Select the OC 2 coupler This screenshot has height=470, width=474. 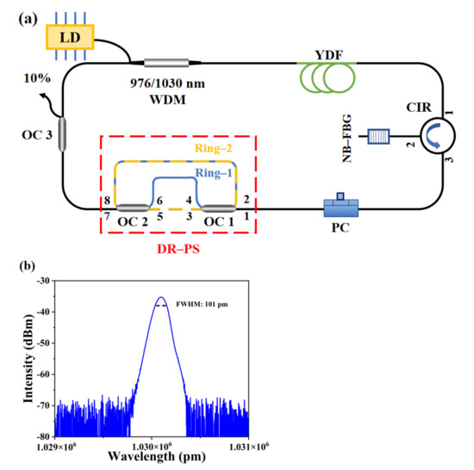click(131, 207)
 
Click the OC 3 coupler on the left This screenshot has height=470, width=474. click(62, 139)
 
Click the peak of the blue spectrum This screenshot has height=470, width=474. click(161, 297)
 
